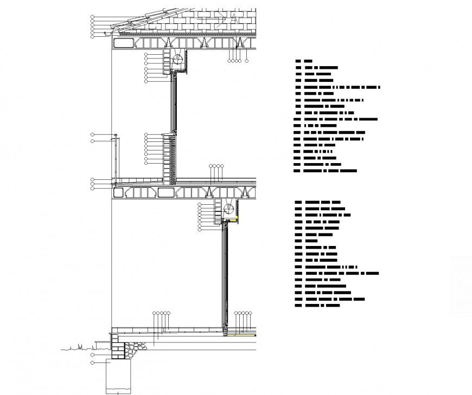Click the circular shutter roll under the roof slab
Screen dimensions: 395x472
(177, 57)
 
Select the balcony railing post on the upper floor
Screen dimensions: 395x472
(116, 157)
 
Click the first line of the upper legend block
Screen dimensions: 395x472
(304, 62)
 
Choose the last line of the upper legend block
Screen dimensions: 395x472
(326, 171)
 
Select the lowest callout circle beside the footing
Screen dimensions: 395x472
(92, 361)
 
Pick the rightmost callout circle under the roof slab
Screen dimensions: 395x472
(240, 61)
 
